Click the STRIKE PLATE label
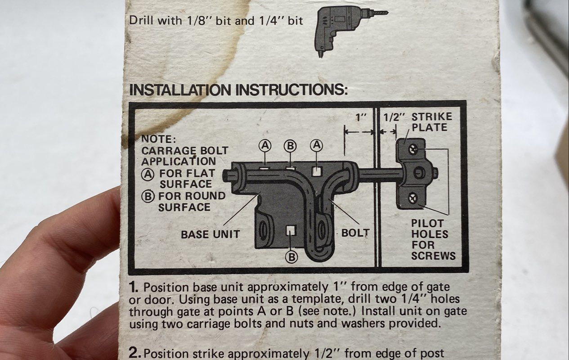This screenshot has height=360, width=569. pyautogui.click(x=432, y=122)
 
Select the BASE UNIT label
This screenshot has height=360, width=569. pyautogui.click(x=211, y=234)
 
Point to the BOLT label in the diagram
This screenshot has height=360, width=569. pyautogui.click(x=355, y=233)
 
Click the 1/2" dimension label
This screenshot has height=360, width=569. pyautogui.click(x=394, y=117)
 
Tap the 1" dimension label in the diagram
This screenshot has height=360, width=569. pyautogui.click(x=361, y=117)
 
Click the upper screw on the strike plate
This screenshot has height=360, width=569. pyautogui.click(x=413, y=149)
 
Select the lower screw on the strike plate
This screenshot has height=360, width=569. pyautogui.click(x=413, y=198)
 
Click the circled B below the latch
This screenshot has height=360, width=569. pyautogui.click(x=291, y=257)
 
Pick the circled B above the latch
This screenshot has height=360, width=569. pyautogui.click(x=290, y=146)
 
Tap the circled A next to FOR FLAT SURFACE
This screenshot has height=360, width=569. pyautogui.click(x=148, y=175)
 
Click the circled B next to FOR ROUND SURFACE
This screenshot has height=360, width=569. pyautogui.click(x=148, y=197)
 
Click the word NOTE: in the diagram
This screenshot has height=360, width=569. pyautogui.click(x=158, y=139)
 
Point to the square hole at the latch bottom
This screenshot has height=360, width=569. pyautogui.click(x=291, y=230)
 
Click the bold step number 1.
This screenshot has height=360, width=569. pyautogui.click(x=134, y=288)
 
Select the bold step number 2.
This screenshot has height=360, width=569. pyautogui.click(x=134, y=353)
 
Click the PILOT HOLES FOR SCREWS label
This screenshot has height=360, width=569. pyautogui.click(x=433, y=239)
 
